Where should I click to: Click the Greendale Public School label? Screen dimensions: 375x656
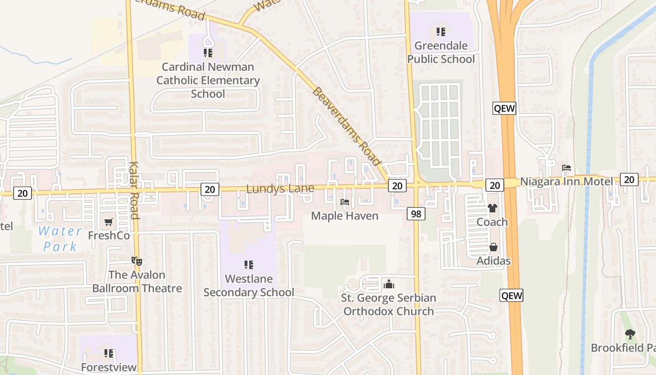pos(440,52)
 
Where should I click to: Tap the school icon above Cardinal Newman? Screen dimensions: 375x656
pos(208,53)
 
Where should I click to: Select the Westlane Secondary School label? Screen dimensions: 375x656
pos(249,285)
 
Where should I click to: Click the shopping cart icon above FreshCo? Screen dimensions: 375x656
pos(109,222)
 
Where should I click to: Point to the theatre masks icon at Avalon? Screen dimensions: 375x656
pos(136,261)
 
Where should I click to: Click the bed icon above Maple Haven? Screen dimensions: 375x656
pos(345,202)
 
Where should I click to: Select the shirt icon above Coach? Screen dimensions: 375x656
pos(492,208)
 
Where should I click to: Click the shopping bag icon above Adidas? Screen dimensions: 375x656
pos(493,247)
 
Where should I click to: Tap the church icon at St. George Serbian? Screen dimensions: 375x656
pos(388,284)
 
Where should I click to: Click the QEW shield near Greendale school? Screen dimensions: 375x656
pos(504,108)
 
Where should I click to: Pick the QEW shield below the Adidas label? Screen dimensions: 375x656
pos(511,295)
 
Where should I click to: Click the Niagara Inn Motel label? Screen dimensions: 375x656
pos(566,181)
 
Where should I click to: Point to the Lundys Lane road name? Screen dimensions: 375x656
pos(280,189)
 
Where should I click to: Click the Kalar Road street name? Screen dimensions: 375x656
pos(134,190)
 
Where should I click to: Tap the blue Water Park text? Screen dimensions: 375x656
pos(60,238)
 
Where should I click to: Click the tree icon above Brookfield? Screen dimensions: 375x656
pos(630,334)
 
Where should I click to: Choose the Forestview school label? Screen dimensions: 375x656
pos(109,367)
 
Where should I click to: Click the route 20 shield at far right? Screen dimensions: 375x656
pos(629,179)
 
